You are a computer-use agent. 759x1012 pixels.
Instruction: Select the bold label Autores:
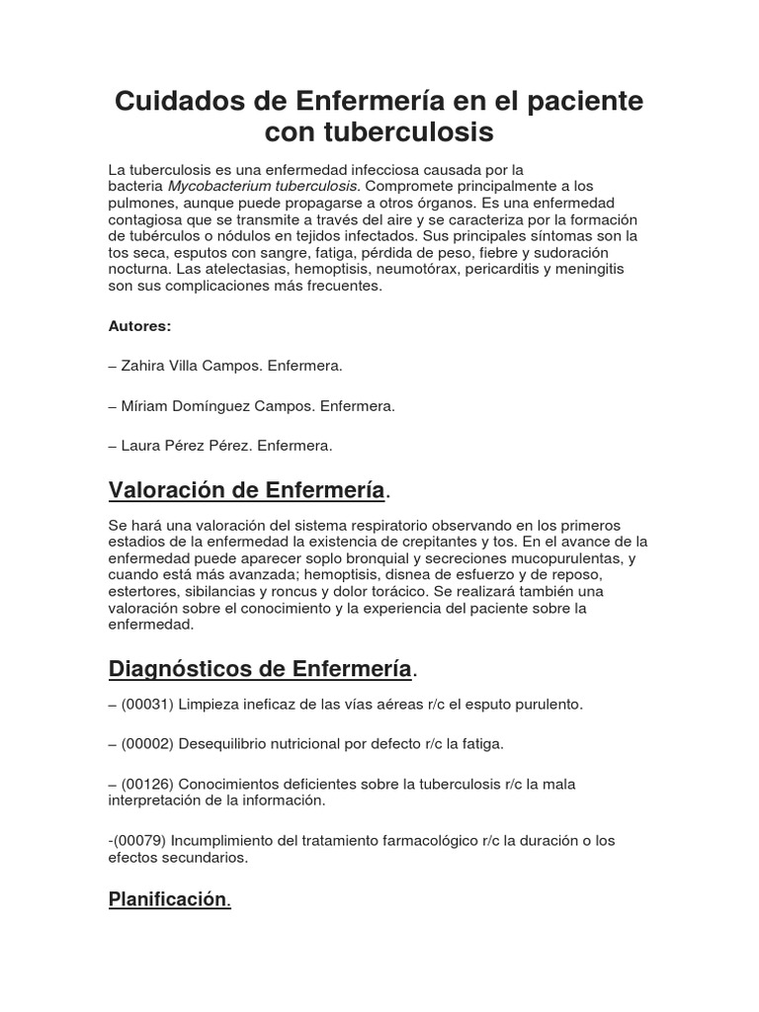point(139,325)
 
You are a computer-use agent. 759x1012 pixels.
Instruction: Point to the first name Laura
point(141,446)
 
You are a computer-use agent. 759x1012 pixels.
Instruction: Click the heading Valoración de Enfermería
point(246,490)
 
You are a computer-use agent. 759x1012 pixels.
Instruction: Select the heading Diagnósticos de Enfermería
point(260,669)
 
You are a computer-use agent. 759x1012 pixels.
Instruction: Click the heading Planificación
point(168,900)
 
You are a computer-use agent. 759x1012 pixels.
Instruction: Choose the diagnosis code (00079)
point(141,840)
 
